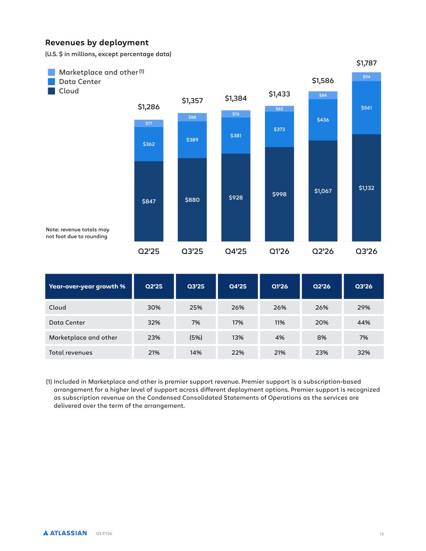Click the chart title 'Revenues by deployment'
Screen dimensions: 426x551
[x=97, y=43]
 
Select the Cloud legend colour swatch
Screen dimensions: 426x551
[x=51, y=91]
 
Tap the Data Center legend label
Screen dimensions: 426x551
[x=80, y=82]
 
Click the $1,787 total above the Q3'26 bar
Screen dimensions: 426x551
[x=366, y=63]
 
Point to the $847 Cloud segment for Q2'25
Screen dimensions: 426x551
[x=149, y=201]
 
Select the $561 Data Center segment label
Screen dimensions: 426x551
[x=366, y=108]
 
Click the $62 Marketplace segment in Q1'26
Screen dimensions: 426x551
[x=279, y=109]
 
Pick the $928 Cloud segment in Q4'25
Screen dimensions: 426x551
[x=235, y=197]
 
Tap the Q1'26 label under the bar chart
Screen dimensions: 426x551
[x=279, y=251]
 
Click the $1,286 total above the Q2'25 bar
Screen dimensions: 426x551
[x=149, y=107]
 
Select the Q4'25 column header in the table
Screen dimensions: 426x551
[x=238, y=286]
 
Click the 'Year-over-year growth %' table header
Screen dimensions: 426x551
[x=87, y=287]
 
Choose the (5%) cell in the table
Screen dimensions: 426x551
[x=196, y=337]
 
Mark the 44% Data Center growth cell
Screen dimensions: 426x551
[x=364, y=323]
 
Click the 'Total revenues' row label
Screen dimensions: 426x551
[x=71, y=352]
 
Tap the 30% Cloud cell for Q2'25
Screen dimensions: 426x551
[x=154, y=308]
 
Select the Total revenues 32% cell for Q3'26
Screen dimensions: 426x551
[x=364, y=352]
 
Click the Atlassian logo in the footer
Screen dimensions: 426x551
[x=65, y=533]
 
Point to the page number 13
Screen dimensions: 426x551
[x=381, y=534]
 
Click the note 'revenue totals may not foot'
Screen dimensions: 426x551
[x=78, y=233]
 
